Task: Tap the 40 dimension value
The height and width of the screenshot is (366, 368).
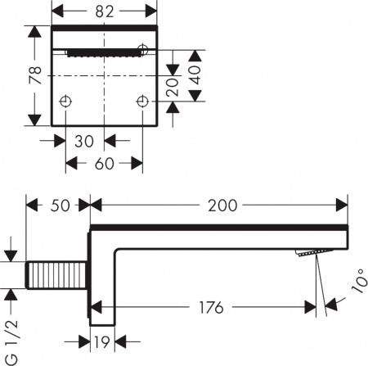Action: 196,83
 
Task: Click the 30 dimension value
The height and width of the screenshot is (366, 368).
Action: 84,140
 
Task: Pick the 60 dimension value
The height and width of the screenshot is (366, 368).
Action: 104,163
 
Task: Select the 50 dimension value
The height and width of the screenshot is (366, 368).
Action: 58,205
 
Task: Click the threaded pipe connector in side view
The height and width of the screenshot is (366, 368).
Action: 56,274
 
